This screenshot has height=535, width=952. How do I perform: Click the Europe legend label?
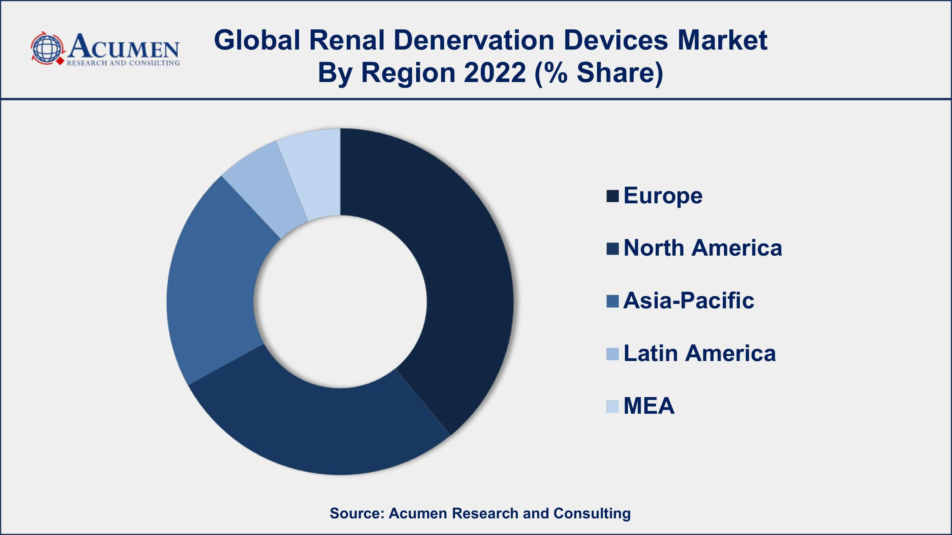click(662, 196)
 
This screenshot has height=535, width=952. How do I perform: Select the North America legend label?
click(702, 248)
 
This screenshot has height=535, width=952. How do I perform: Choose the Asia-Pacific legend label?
click(688, 300)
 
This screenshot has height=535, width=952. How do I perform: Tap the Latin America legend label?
click(699, 353)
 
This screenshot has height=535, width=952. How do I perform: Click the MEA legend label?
click(649, 406)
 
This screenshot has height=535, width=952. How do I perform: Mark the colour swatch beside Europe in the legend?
click(612, 196)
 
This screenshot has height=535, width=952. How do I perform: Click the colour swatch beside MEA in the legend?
click(612, 406)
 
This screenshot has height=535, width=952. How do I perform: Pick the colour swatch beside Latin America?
click(612, 354)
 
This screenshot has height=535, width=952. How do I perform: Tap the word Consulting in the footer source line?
click(592, 513)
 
